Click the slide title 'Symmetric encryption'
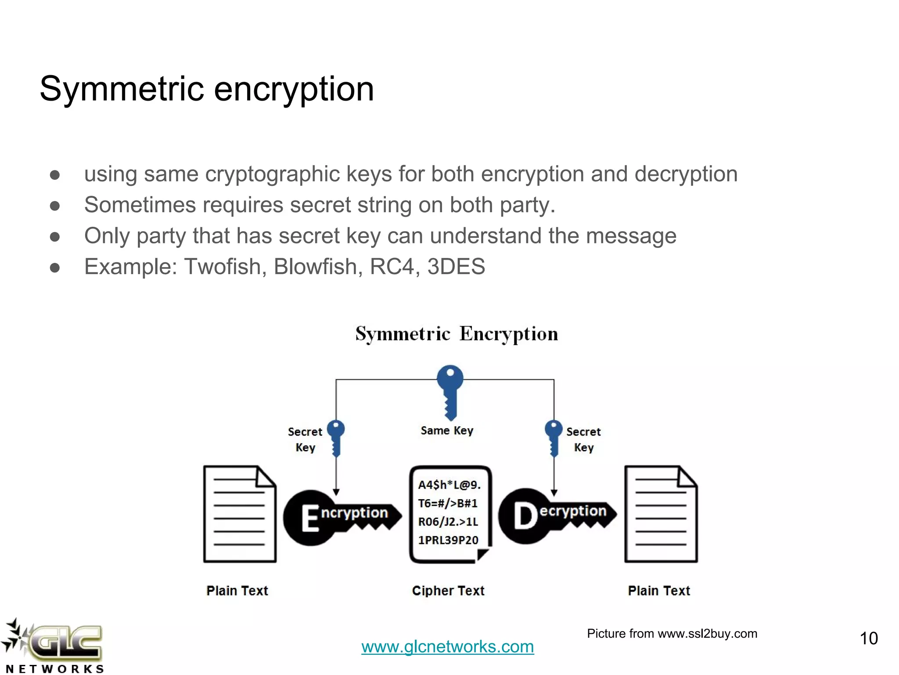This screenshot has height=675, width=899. point(206,89)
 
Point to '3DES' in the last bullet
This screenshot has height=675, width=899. point(456,267)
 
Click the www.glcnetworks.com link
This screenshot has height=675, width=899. point(447,646)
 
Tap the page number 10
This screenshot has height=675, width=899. point(868,639)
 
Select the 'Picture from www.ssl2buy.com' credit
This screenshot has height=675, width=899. point(672,634)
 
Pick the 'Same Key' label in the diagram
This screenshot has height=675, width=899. point(447,431)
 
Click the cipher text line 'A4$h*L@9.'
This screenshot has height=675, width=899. point(449,485)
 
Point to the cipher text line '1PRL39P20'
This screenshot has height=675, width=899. point(448,540)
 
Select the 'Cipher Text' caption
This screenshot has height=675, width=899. point(448,591)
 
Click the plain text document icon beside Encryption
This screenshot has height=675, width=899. point(240,514)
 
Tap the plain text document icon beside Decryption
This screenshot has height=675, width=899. point(661,514)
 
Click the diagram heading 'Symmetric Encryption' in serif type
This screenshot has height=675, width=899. point(457,334)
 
